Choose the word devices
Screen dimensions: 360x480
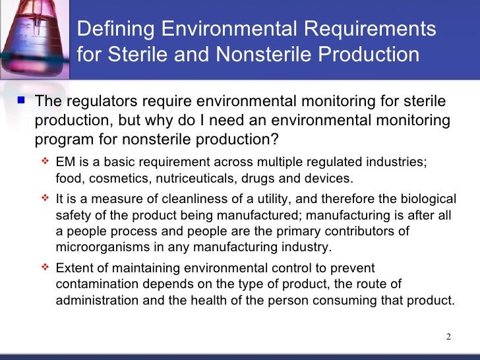pos(330,179)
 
